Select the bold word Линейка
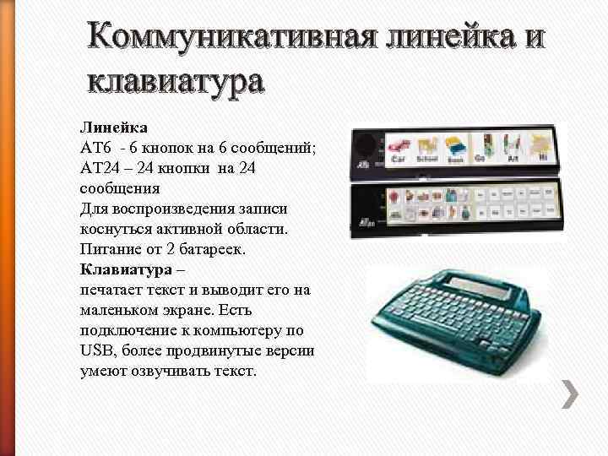(114, 128)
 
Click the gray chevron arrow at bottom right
(570, 393)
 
